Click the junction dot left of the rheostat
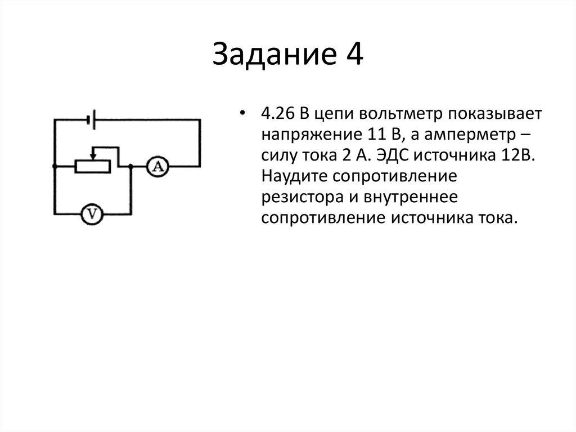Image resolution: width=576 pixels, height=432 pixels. pyautogui.click(x=54, y=167)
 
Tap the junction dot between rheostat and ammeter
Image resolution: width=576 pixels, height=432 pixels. pyautogui.click(x=130, y=167)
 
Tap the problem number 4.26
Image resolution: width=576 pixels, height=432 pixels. pyautogui.click(x=276, y=114)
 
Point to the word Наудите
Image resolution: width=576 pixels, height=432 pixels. pyautogui.click(x=292, y=176)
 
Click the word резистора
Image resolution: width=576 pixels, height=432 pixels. pyautogui.click(x=299, y=197)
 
